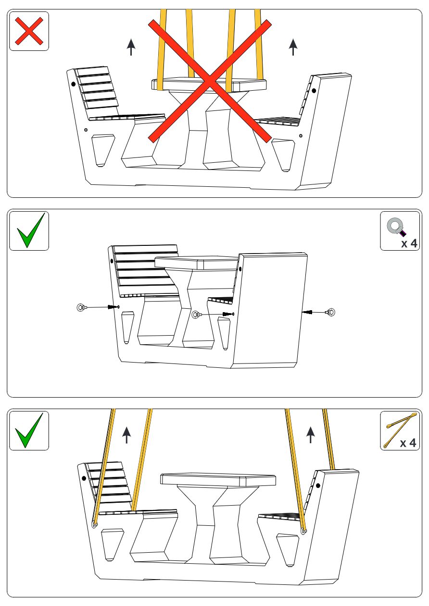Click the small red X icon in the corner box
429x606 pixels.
pos(29,31)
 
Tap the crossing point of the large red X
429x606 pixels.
pos(210,82)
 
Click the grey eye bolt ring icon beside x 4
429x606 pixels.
pos(396,226)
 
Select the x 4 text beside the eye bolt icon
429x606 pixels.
pos(409,243)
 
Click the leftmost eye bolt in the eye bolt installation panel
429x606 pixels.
pos(81,307)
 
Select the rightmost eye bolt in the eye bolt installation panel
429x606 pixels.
pos(330,313)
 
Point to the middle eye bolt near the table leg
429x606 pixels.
pos(196,315)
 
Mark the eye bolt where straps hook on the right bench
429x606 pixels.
pos(303,531)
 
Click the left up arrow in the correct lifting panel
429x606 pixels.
pos(126,434)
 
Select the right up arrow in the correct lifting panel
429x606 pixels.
pos(310,434)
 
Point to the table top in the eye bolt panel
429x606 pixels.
pos(197,263)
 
